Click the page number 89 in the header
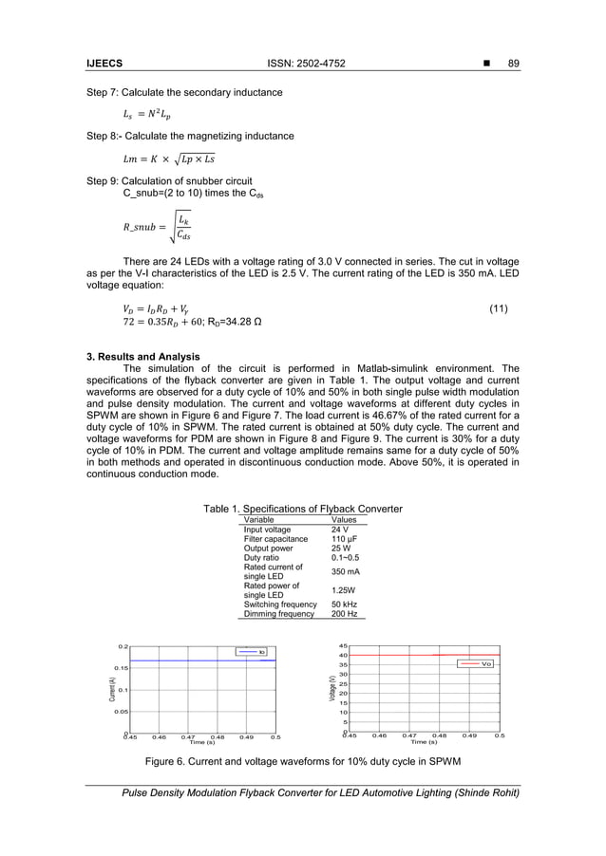[515, 64]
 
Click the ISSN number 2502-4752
[308, 64]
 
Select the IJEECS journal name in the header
[105, 64]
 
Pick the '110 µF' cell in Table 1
[345, 539]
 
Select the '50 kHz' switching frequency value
[344, 605]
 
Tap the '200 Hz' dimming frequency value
[343, 614]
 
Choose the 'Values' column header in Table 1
[344, 520]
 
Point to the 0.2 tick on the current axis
[123, 646]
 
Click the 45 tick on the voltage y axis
[343, 646]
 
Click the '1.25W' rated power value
[343, 590]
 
